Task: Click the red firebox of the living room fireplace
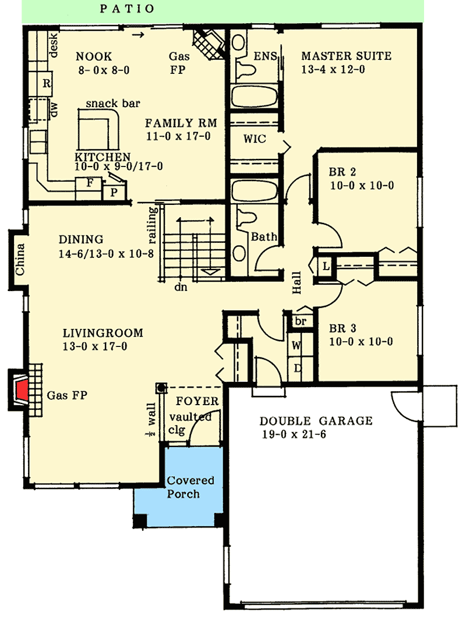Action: (22, 391)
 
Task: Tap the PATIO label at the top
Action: (127, 9)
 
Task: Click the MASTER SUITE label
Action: (346, 56)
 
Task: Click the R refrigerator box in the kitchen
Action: (45, 83)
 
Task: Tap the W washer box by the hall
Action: (296, 345)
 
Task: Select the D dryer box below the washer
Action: (296, 368)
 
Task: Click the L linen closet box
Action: (325, 266)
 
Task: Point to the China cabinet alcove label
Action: (20, 261)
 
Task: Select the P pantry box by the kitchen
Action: (113, 191)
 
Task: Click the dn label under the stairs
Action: (182, 286)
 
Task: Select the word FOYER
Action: (197, 401)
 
